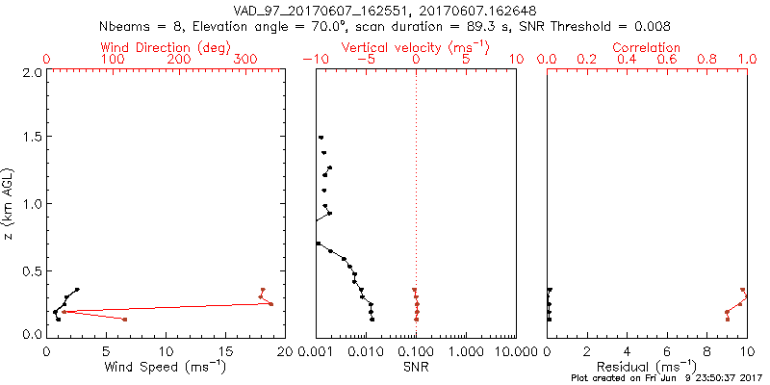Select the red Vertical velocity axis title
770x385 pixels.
(416, 47)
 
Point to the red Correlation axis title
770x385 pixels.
(647, 47)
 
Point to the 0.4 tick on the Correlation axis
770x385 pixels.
(627, 60)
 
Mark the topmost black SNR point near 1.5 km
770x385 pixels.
(321, 138)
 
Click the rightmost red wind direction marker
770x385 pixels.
(270, 304)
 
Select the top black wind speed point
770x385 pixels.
(77, 289)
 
